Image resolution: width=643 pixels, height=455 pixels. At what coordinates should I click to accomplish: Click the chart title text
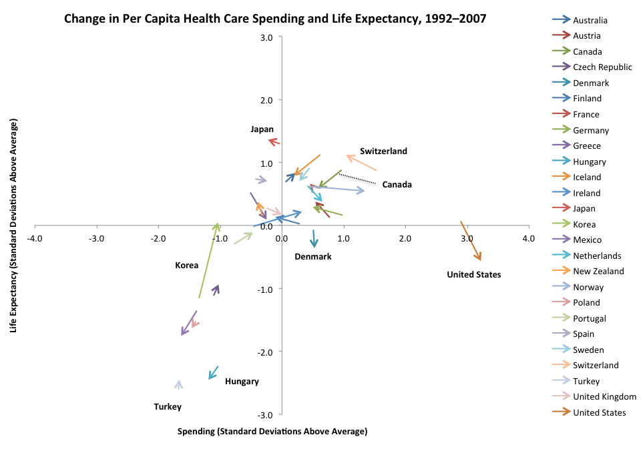click(x=275, y=18)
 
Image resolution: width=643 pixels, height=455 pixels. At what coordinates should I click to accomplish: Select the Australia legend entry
click(x=590, y=20)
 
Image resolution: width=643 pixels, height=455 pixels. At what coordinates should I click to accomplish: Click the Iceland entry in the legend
click(x=587, y=177)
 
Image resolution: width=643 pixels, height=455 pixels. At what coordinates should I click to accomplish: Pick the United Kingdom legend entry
click(x=604, y=397)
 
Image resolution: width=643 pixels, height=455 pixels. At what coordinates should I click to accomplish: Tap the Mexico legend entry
click(x=587, y=240)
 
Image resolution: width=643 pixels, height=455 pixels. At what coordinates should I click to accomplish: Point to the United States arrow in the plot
click(x=471, y=241)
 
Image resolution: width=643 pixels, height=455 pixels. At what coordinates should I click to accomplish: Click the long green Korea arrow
click(x=209, y=260)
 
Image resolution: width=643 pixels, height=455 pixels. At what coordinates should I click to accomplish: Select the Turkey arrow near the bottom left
click(x=178, y=384)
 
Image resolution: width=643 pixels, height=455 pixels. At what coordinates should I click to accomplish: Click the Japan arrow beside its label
click(x=274, y=141)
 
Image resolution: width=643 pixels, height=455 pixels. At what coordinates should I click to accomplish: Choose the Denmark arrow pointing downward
click(x=313, y=239)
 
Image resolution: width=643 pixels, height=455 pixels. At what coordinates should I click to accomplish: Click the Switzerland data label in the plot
click(x=383, y=151)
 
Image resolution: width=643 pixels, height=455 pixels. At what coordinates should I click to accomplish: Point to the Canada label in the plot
click(x=397, y=184)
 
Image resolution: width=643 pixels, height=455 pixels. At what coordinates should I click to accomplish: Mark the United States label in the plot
click(x=473, y=274)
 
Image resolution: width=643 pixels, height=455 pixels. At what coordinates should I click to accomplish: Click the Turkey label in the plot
click(x=168, y=406)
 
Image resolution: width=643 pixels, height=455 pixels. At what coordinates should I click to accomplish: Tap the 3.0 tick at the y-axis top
click(x=266, y=37)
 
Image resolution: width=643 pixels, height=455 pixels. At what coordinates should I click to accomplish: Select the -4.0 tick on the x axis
click(x=35, y=238)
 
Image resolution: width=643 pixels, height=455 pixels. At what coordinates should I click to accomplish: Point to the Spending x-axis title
click(x=272, y=431)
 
